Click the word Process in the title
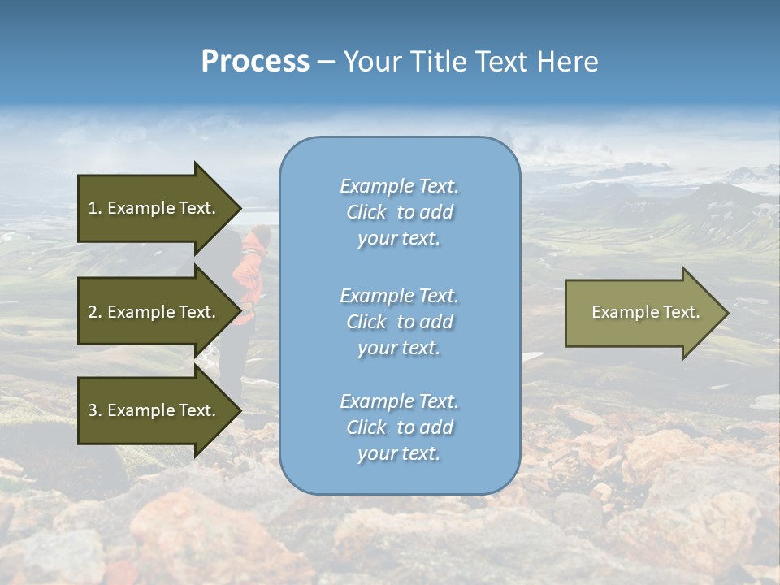pyautogui.click(x=255, y=62)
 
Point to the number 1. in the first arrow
pyautogui.click(x=95, y=208)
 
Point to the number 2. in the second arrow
pyautogui.click(x=95, y=312)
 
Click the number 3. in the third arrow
pyautogui.click(x=95, y=410)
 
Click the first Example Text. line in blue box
pyautogui.click(x=399, y=186)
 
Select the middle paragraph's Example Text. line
pyautogui.click(x=399, y=296)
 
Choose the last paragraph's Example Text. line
pyautogui.click(x=399, y=401)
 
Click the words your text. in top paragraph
pyautogui.click(x=399, y=239)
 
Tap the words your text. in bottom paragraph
pyautogui.click(x=399, y=454)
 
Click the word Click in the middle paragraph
pyautogui.click(x=366, y=322)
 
